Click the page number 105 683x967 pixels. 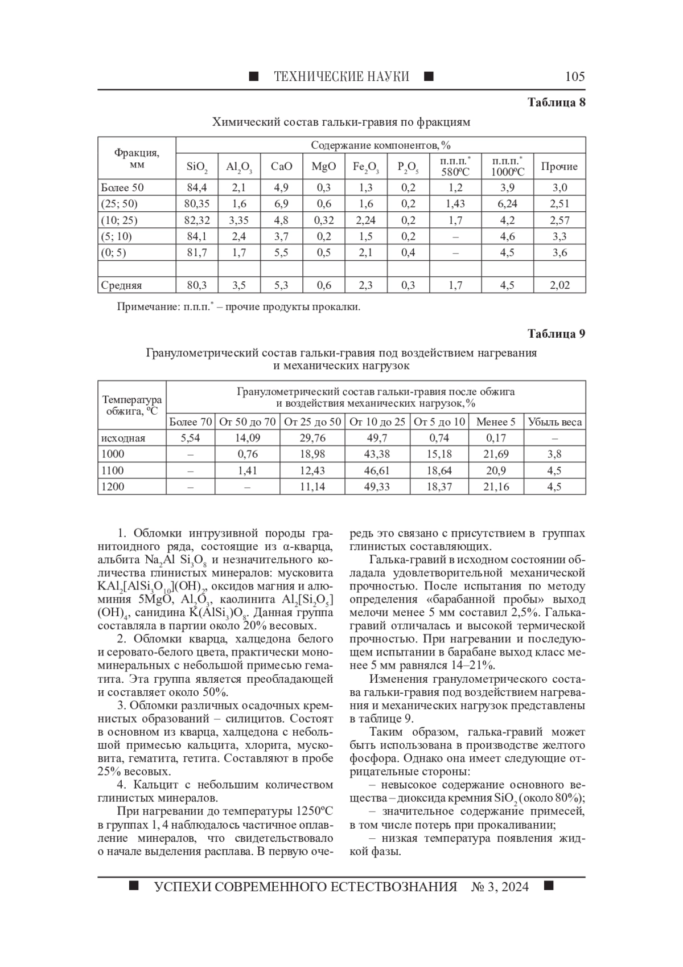coord(575,76)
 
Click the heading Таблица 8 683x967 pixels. coord(556,103)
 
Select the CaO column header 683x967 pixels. coord(281,166)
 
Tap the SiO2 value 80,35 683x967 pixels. coord(197,204)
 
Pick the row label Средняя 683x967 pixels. coord(121,285)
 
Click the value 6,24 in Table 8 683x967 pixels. coord(507,204)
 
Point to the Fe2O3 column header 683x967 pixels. coord(365,167)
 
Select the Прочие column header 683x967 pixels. coord(559,166)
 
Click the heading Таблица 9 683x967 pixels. coord(556,334)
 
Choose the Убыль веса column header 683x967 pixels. coord(554,422)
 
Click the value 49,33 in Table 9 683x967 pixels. coord(377,486)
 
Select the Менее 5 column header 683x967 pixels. coord(496,422)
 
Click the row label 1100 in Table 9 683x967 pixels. coord(112,470)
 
